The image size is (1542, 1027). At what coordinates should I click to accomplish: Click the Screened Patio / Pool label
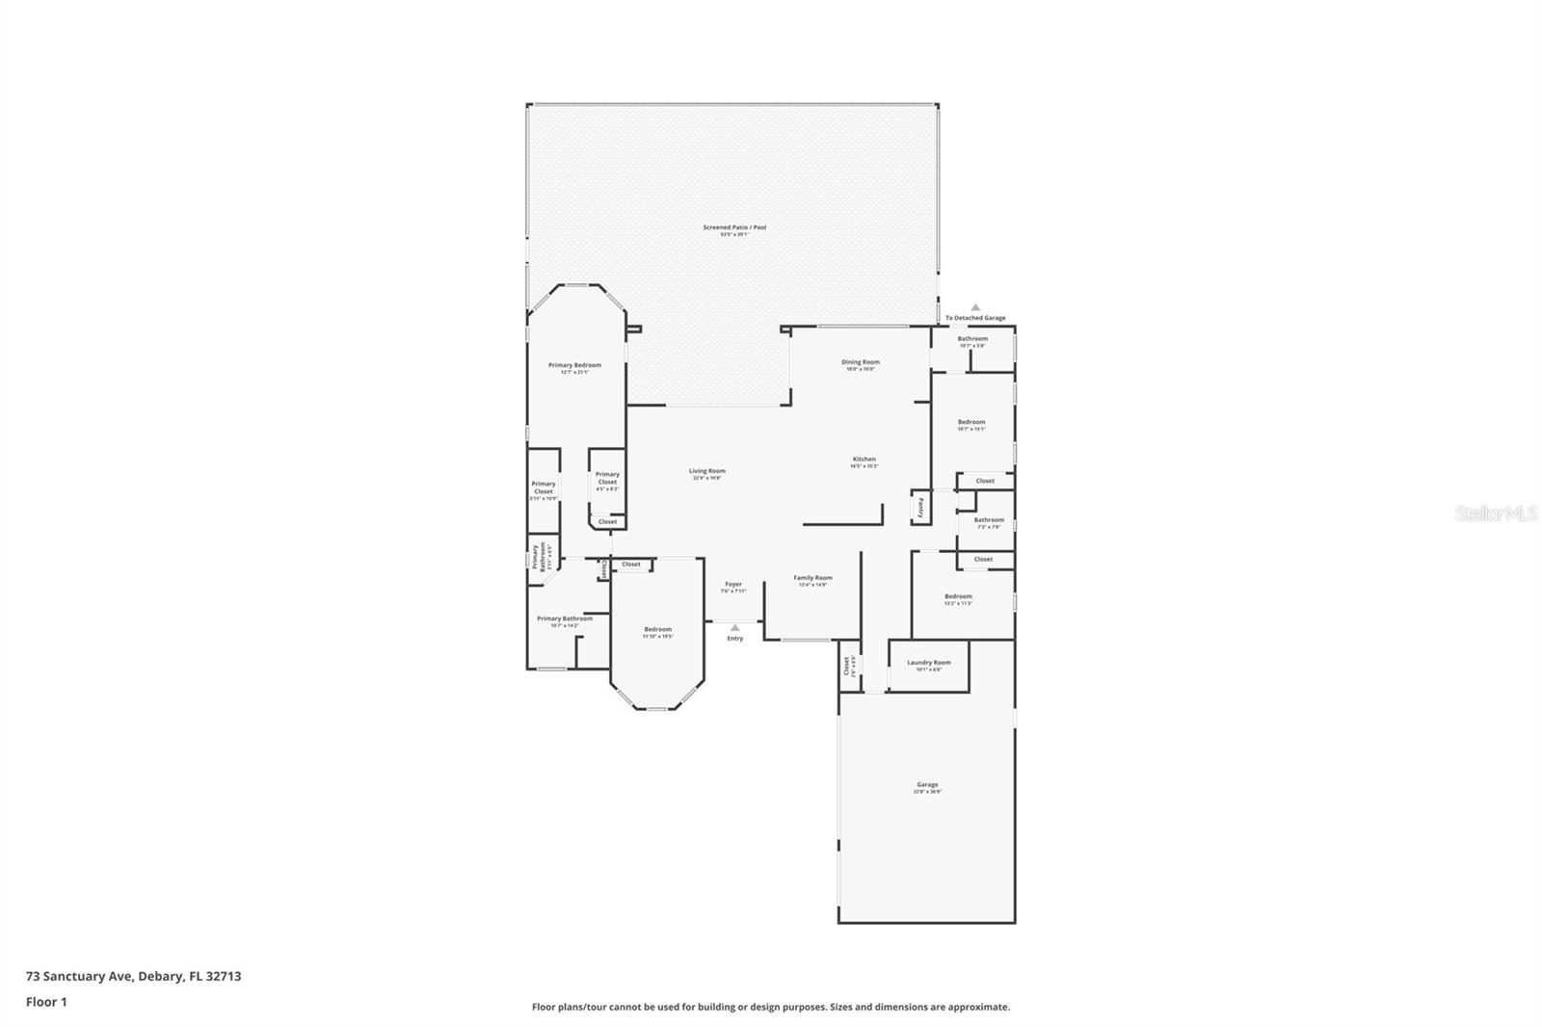734,228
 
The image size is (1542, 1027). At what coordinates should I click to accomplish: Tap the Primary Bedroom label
574,366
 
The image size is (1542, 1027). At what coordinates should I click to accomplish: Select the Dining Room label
860,363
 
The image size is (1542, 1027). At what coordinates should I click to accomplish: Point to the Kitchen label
864,460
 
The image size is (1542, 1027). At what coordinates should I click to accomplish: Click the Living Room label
706,472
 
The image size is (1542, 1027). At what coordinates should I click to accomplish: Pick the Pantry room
920,508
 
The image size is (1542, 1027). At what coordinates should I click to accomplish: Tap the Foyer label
733,585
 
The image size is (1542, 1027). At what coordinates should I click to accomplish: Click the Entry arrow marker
735,628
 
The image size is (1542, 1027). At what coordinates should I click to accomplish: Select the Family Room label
812,578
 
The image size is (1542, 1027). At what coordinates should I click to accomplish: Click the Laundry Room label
928,663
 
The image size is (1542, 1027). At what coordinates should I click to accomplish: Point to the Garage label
927,785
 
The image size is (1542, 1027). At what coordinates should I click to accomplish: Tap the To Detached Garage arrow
975,307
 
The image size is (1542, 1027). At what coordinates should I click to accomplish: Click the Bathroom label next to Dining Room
971,339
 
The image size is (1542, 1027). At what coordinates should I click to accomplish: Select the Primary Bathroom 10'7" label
565,619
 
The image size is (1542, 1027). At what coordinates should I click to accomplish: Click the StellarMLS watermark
1495,514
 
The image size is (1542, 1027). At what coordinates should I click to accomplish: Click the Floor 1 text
46,1002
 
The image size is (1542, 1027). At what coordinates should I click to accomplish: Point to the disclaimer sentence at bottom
770,1007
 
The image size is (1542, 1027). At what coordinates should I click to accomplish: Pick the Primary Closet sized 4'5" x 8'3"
607,478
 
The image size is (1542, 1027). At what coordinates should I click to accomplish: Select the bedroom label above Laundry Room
957,597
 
